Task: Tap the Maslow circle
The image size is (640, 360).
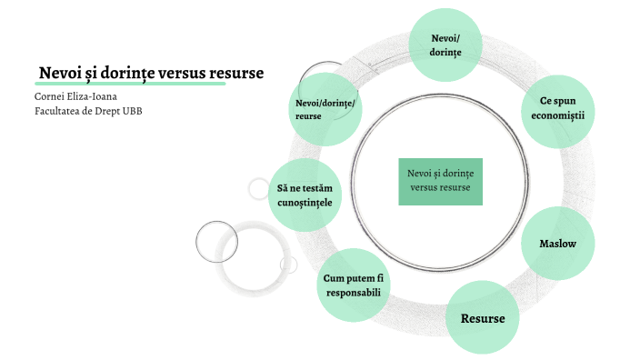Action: [x=557, y=244]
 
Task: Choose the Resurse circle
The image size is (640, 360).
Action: [x=482, y=318]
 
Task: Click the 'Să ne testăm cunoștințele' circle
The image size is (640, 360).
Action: [x=305, y=195]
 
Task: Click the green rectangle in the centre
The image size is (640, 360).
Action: [x=440, y=180]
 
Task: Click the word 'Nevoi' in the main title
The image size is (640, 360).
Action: [x=59, y=73]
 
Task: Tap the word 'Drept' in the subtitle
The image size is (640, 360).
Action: [x=106, y=111]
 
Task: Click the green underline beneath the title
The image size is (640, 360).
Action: [x=128, y=84]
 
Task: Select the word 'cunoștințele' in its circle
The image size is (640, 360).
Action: [x=305, y=202]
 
